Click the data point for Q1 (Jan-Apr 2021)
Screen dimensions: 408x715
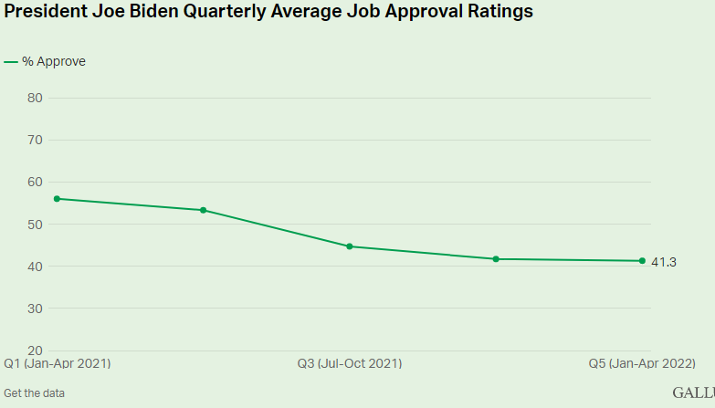56,198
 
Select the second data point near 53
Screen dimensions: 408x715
203,210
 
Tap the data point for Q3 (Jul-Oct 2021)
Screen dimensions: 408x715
350,246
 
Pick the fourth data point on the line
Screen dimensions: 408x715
496,259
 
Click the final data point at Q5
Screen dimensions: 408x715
642,261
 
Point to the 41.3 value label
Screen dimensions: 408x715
663,262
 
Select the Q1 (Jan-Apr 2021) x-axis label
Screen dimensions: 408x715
58,363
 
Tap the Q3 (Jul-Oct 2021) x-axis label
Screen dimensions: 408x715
350,363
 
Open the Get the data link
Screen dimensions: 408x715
34,393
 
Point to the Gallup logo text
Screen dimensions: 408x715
694,392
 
